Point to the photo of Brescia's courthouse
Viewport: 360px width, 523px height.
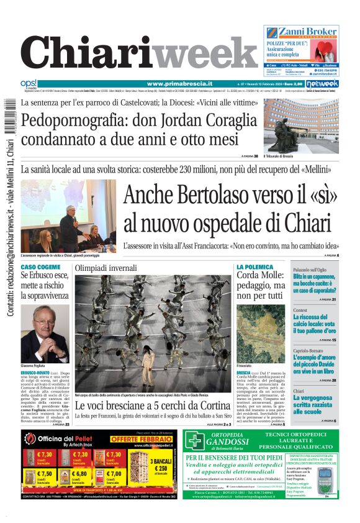301,125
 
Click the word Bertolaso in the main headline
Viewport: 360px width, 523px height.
204,194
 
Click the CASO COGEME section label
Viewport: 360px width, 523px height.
41,266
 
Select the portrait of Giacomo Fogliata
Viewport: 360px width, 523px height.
45,333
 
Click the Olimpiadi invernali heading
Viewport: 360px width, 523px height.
106,268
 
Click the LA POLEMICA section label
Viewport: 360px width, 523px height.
254,266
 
